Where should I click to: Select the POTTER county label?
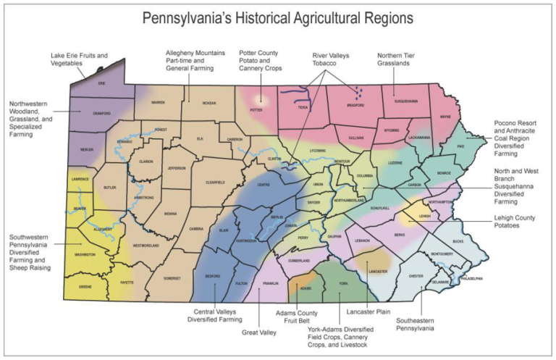click(x=255, y=111)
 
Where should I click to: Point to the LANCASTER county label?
click(x=378, y=271)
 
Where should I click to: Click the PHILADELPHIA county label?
click(x=473, y=277)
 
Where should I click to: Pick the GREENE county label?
click(x=84, y=286)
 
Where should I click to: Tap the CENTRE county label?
click(x=264, y=185)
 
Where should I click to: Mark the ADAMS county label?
click(x=306, y=288)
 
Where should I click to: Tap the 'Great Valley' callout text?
click(x=260, y=332)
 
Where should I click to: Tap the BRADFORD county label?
click(x=355, y=105)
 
